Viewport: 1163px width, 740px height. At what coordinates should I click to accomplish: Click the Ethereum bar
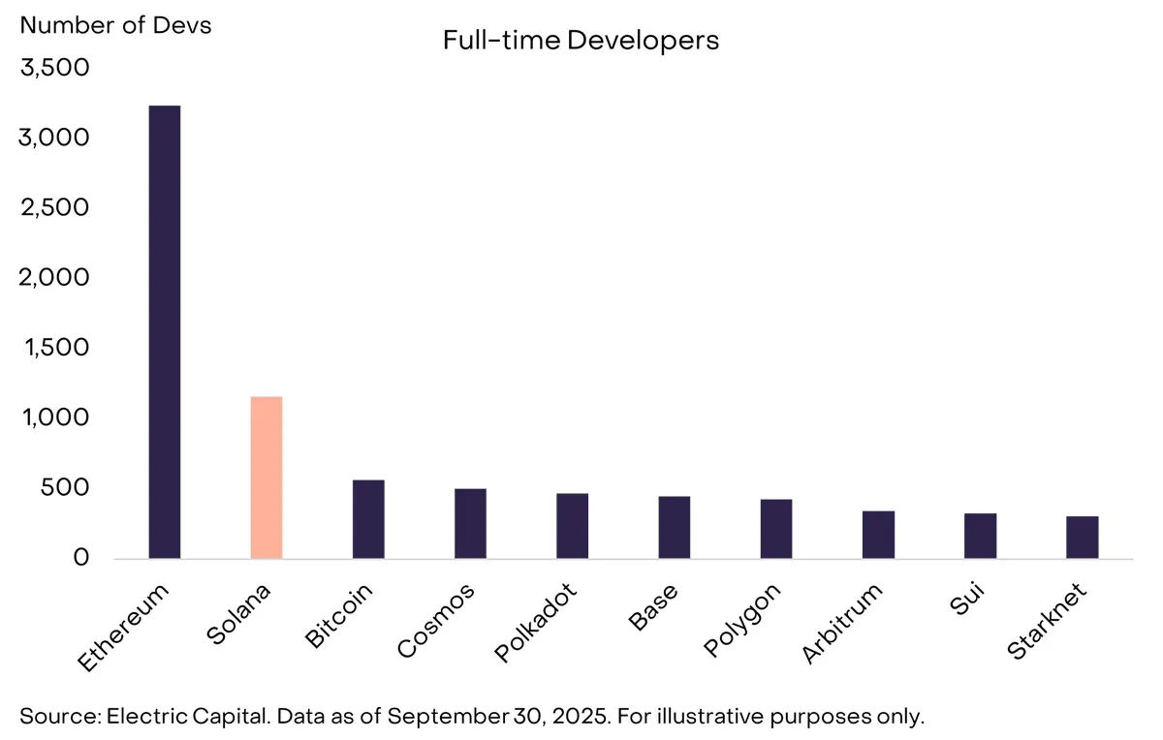pyautogui.click(x=164, y=331)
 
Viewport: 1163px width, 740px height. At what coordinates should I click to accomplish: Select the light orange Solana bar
pyautogui.click(x=266, y=477)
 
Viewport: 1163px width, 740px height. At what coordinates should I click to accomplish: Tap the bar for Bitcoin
pyautogui.click(x=368, y=519)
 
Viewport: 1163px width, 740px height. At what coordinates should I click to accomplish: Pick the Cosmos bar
pyautogui.click(x=470, y=523)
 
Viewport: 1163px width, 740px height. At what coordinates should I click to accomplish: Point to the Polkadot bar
pyautogui.click(x=572, y=526)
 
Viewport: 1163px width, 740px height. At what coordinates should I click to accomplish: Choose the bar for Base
pyautogui.click(x=674, y=527)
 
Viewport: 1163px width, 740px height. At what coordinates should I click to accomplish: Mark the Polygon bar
pyautogui.click(x=776, y=529)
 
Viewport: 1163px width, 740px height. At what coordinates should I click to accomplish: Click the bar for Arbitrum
pyautogui.click(x=878, y=535)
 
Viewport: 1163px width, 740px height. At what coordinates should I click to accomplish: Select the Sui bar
pyautogui.click(x=980, y=536)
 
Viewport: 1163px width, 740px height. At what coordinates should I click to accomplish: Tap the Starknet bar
pyautogui.click(x=1083, y=537)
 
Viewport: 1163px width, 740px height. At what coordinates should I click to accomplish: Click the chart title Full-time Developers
pyautogui.click(x=581, y=41)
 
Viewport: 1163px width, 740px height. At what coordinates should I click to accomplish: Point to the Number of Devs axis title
pyautogui.click(x=115, y=25)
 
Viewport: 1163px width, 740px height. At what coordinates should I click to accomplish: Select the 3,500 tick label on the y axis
pyautogui.click(x=54, y=69)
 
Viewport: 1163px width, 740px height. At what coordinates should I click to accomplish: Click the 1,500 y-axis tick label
pyautogui.click(x=54, y=348)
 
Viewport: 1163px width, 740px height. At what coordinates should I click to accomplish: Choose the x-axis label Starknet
pyautogui.click(x=1048, y=620)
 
